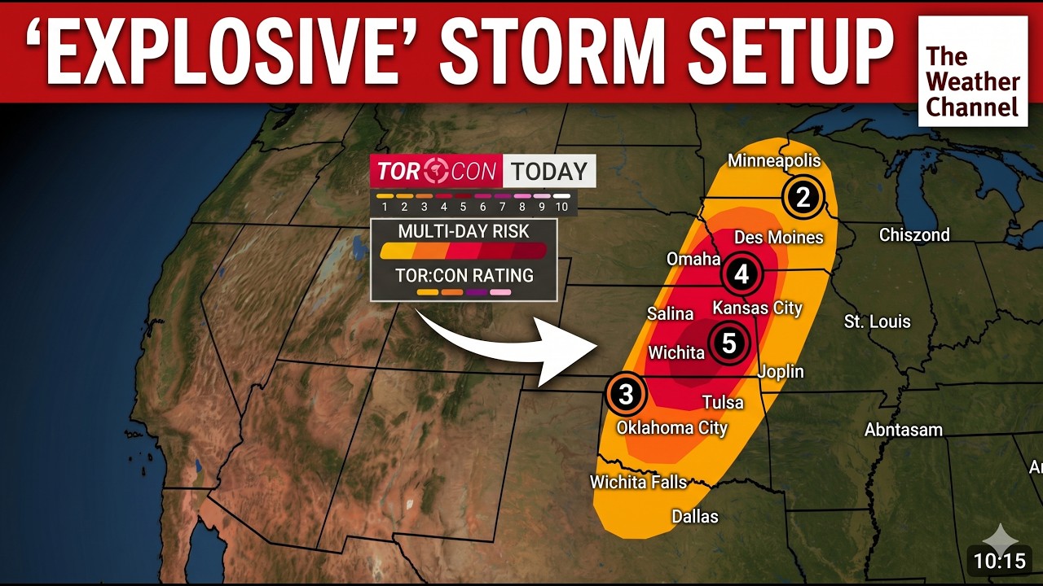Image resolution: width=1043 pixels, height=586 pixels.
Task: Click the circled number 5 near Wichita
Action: tap(728, 343)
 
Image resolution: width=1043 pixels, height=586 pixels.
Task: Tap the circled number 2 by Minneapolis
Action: tap(803, 197)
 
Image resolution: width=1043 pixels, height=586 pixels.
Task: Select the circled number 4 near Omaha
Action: tap(742, 274)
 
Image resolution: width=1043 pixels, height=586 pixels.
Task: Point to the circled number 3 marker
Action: tap(626, 395)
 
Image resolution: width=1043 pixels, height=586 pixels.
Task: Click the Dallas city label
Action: tap(695, 516)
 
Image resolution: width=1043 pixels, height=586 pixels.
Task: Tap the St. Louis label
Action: tap(877, 321)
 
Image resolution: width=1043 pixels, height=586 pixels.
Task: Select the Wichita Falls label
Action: tap(638, 482)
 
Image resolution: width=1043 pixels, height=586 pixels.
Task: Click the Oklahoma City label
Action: tap(671, 427)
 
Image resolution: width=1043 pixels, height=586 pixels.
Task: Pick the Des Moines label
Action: tap(779, 238)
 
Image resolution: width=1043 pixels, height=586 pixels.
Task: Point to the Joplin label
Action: tap(781, 372)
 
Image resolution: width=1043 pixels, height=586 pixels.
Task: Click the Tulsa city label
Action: tap(723, 402)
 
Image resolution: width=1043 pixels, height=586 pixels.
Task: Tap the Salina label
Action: tap(670, 313)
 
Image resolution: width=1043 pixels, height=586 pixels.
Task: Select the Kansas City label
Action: tap(757, 308)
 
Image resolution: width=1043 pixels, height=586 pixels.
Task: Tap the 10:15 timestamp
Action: tap(999, 561)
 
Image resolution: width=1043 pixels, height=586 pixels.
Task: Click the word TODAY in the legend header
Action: tap(549, 172)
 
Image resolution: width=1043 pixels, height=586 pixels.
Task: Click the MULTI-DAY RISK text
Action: tap(464, 232)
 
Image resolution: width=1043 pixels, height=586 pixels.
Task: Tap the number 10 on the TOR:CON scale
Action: tap(561, 208)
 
